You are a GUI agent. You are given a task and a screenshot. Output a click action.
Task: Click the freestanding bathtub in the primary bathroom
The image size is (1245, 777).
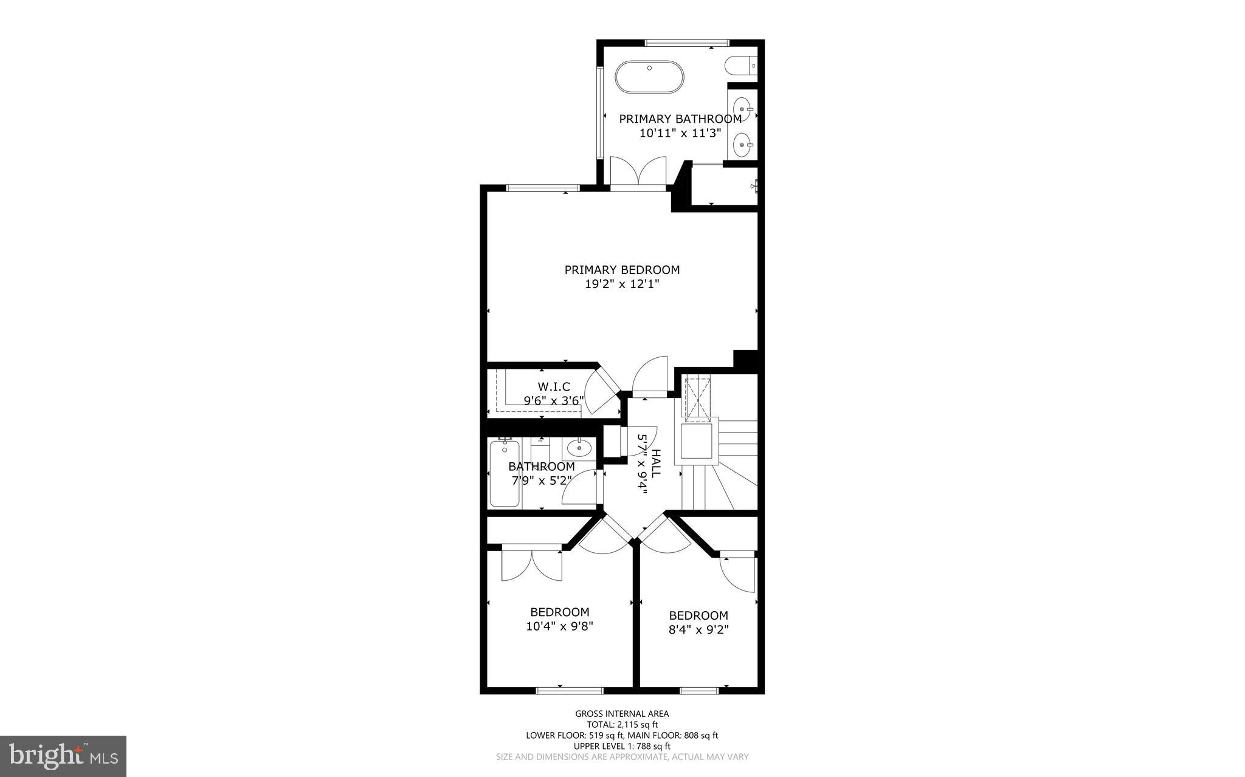649,77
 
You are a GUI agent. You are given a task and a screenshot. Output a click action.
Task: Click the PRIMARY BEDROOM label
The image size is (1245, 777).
622,270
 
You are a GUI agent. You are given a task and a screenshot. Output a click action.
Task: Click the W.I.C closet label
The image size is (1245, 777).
554,387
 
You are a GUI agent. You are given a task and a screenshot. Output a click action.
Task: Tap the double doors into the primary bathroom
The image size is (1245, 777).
638,173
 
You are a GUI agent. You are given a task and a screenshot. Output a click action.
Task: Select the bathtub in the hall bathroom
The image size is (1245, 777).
505,474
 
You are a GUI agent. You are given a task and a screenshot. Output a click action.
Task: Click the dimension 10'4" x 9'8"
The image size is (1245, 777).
559,626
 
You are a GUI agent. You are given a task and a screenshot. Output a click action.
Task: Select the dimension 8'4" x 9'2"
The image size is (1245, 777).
698,630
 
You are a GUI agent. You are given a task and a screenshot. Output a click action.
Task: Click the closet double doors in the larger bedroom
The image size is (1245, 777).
531,566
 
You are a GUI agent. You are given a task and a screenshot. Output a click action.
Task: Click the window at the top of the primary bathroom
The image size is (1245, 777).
686,43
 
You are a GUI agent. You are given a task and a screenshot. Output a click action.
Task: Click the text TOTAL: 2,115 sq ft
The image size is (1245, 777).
622,724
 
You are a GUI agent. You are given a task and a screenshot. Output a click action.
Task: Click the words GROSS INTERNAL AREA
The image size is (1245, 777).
622,714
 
